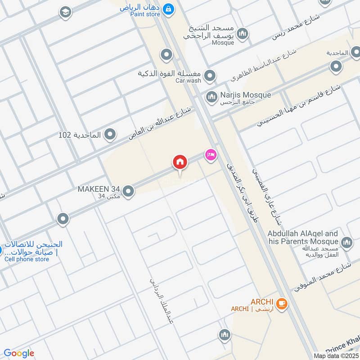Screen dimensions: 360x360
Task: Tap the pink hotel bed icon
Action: pos(210,155)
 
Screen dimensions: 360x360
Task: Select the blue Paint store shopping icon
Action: pos(168,8)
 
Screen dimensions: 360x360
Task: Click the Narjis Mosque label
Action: pos(245,95)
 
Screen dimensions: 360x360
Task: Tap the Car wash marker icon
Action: pos(209,76)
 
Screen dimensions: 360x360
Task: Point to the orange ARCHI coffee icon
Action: pos(282,304)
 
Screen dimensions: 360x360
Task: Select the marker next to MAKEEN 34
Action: pos(128,192)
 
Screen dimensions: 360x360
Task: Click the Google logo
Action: pos(19,354)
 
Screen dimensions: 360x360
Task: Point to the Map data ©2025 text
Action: pos(335,355)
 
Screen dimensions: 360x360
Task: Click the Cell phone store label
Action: pos(27,259)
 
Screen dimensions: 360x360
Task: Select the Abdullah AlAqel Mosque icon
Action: pos(346,243)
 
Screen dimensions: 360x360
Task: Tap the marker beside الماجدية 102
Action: pos(109,134)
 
